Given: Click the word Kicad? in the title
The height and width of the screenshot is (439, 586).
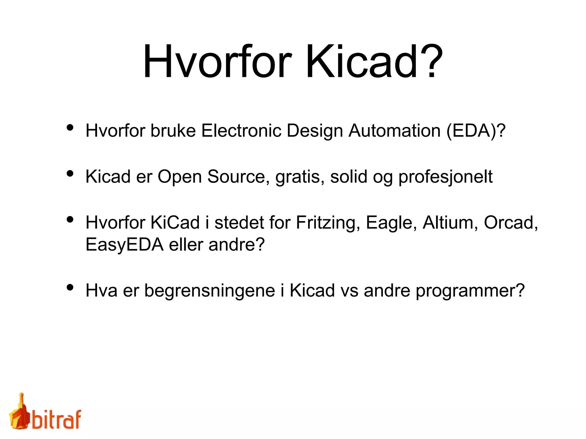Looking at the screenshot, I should pos(374,61).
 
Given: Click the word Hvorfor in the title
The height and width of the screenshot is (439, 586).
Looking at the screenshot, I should pos(217,61).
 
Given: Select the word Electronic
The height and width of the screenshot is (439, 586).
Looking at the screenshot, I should pos(241,131).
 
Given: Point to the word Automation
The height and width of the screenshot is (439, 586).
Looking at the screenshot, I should pos(394,131).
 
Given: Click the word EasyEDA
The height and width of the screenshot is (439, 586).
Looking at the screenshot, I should pos(124,245).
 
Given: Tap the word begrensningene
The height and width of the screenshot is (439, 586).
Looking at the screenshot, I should pos(209,291).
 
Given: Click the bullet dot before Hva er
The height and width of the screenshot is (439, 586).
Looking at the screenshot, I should pos(70,287).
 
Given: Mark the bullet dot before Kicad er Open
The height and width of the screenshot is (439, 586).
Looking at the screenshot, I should pos(70,173).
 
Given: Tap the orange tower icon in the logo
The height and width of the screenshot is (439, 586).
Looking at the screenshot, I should pos(19,413).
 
